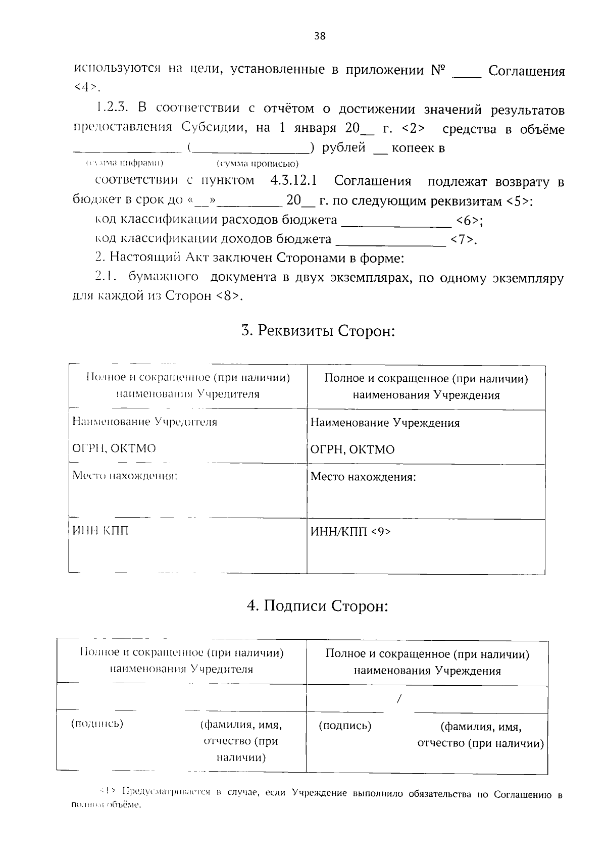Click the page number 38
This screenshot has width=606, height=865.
click(x=320, y=35)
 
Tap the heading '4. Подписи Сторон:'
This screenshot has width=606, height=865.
click(x=317, y=605)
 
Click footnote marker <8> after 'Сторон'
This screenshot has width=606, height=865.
click(x=230, y=296)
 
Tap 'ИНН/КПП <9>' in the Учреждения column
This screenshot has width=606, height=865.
click(x=350, y=532)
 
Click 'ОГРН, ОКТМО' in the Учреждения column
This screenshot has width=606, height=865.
click(x=352, y=449)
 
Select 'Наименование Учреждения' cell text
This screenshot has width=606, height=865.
click(x=385, y=423)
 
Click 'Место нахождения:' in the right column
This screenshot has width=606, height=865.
click(x=363, y=476)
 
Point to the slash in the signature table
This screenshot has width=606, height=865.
click(x=399, y=699)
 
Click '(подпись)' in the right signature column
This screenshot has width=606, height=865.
click(x=345, y=726)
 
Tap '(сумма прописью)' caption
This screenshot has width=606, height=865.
click(x=258, y=164)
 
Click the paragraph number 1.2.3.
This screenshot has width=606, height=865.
click(x=113, y=109)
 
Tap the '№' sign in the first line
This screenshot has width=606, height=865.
click(x=437, y=70)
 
